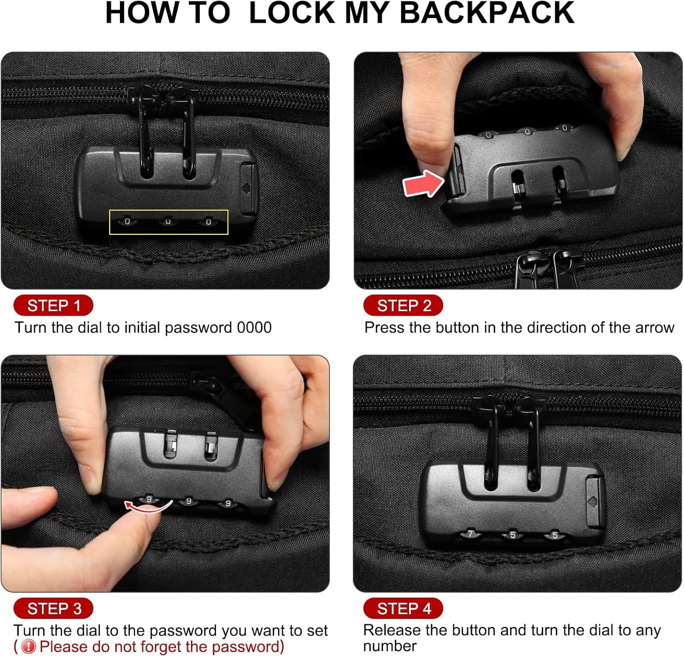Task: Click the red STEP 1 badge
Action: coord(53,305)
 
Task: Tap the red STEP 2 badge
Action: coord(403,305)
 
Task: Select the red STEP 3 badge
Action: coord(53,608)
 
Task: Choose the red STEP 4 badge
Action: coord(403,608)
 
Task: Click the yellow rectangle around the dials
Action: coord(168,222)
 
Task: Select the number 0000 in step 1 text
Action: coord(254,328)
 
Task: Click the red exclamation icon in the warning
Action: coord(29,647)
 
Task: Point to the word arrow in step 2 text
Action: coord(653,328)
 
